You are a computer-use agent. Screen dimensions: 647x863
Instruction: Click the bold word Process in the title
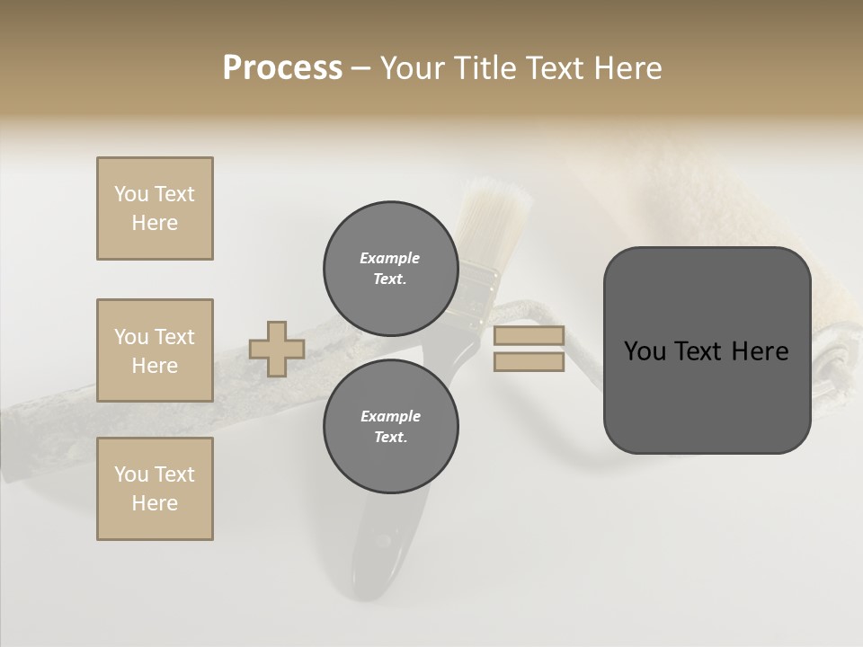pos(282,67)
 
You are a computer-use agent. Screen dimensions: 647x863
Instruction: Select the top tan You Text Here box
pos(155,208)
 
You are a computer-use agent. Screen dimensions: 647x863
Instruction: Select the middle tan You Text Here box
pos(155,350)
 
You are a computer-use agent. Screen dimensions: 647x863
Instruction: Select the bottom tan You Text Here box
pos(155,489)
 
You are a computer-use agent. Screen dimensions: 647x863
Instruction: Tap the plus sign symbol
pos(277,349)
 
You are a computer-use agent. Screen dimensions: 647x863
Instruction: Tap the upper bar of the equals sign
pos(529,336)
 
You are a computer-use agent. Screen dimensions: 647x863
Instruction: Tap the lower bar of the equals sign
pos(529,362)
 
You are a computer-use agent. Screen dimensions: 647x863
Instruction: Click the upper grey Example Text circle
pos(390,268)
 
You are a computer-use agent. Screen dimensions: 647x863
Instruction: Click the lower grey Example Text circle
pos(390,426)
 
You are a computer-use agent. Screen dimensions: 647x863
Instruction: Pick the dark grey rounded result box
pos(707,350)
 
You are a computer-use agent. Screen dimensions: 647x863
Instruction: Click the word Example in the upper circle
pos(390,258)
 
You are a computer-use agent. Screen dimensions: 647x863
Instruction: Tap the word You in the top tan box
pos(130,194)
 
